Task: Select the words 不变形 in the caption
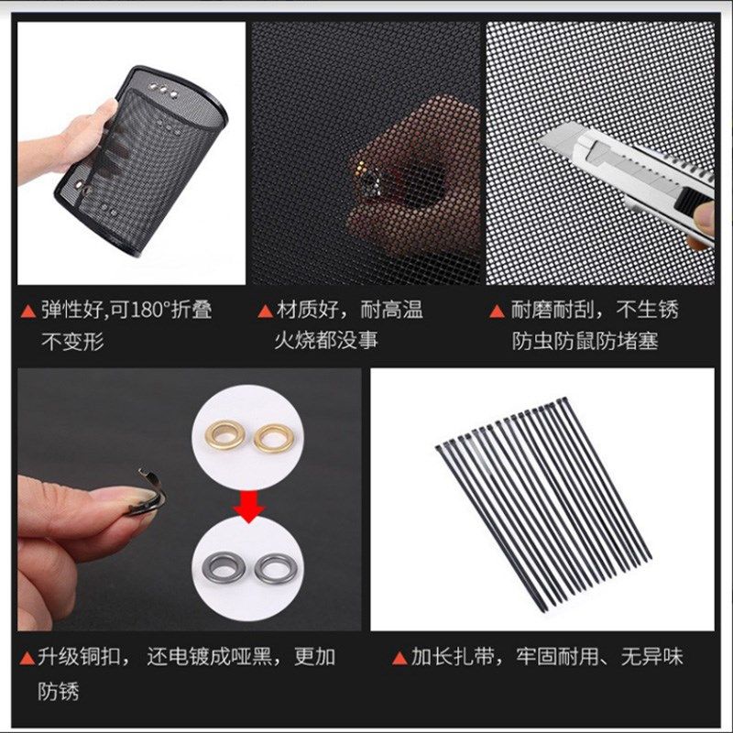click(x=73, y=342)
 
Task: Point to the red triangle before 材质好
click(x=264, y=311)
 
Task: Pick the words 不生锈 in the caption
click(x=648, y=310)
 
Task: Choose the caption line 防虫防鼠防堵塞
click(x=585, y=341)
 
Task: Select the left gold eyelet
click(x=224, y=437)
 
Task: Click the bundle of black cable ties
click(x=541, y=499)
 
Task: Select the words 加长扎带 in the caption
click(x=448, y=657)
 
